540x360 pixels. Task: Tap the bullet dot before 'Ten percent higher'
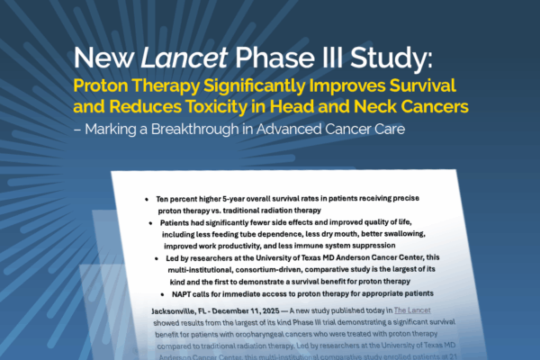pos(147,198)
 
